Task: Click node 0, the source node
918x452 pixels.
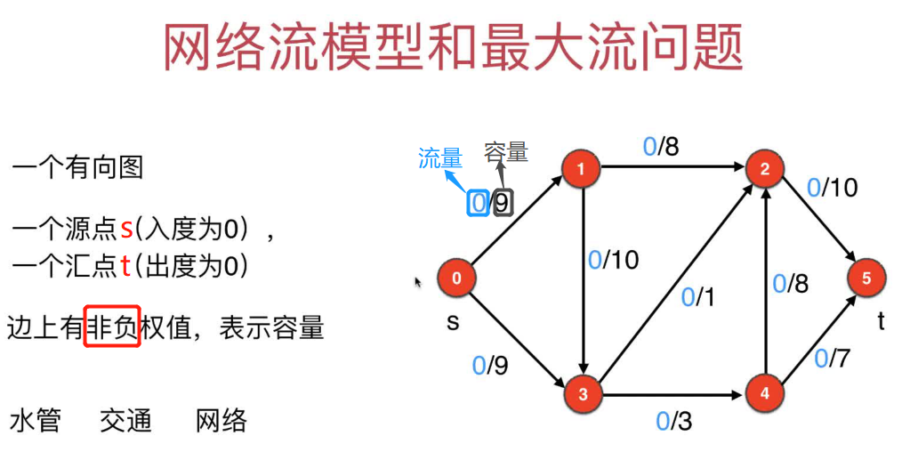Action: tap(456, 278)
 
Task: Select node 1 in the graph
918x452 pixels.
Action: tap(582, 169)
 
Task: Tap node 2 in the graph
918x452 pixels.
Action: tap(765, 169)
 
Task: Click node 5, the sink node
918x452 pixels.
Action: tap(866, 278)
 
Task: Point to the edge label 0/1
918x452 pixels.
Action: tap(698, 298)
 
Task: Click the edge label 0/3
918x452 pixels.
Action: tap(673, 421)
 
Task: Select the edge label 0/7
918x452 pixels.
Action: tap(833, 358)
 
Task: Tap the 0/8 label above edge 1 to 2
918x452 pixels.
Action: tap(661, 146)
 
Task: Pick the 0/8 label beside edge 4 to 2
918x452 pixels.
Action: tap(791, 284)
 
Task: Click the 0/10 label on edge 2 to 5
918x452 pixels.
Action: tap(833, 188)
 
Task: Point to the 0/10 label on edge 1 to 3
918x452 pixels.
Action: tap(614, 260)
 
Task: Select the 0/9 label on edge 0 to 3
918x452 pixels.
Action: tap(491, 365)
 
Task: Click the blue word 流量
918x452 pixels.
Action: tap(440, 159)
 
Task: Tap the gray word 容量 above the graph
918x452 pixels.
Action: tap(506, 152)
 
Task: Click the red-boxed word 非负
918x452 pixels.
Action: tap(112, 327)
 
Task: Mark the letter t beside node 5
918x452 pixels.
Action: tap(882, 321)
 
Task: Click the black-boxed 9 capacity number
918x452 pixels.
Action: tap(503, 203)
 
